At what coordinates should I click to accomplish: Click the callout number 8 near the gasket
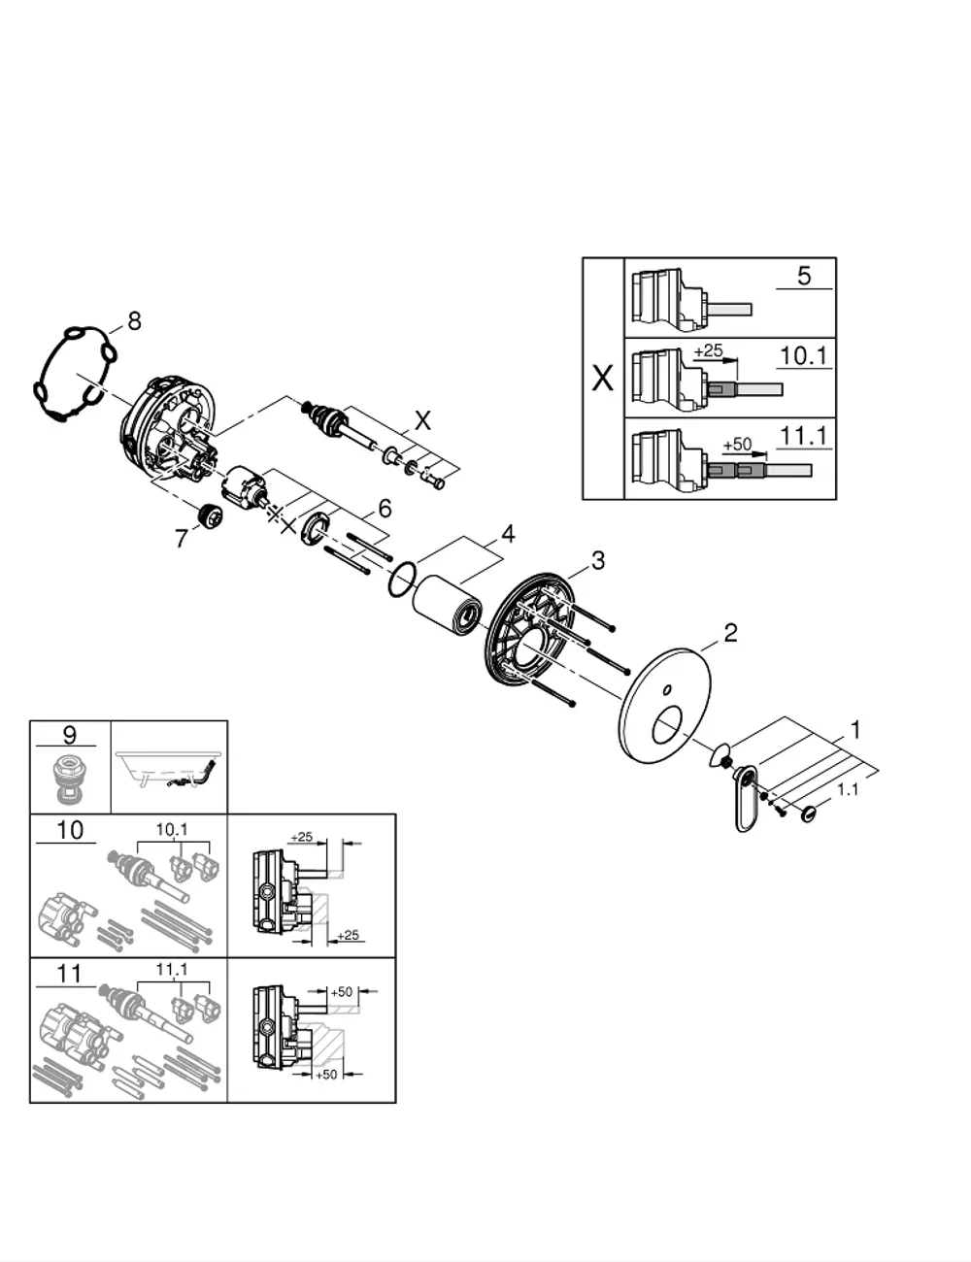click(x=134, y=320)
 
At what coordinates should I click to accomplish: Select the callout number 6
click(x=385, y=509)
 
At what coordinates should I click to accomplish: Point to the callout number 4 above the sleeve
click(x=508, y=534)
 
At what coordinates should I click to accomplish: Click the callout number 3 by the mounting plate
click(x=597, y=560)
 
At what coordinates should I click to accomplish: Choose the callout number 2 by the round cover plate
click(x=730, y=633)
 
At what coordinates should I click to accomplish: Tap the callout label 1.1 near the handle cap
click(x=848, y=790)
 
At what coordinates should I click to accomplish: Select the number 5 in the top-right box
click(x=804, y=276)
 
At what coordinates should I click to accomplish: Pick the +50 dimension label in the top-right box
click(x=737, y=445)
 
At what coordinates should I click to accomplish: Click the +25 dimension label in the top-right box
click(x=708, y=350)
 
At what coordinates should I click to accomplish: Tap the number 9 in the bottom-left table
click(x=69, y=735)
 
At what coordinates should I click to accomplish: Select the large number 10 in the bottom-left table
click(x=70, y=830)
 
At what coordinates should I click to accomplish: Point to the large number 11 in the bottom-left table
click(x=69, y=974)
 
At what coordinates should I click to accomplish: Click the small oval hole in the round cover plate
click(x=668, y=690)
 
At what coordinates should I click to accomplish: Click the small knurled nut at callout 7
click(x=208, y=515)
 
